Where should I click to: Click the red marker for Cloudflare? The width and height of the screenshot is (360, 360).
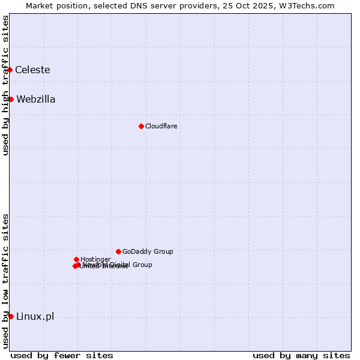tap(141, 126)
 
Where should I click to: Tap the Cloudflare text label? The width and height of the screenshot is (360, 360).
tap(161, 126)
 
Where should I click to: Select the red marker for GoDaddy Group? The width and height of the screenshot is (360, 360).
tap(118, 251)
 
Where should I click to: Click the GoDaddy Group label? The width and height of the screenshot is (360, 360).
tap(148, 251)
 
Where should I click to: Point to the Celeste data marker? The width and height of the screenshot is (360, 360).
tap(10, 70)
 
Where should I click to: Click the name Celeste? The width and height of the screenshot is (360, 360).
tap(32, 70)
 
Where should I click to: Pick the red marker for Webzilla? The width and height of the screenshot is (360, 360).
tap(11, 99)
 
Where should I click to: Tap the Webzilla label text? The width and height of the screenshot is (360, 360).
tap(36, 99)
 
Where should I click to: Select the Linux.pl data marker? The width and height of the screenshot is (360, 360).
tap(11, 316)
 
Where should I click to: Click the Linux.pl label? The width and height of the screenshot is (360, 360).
tap(35, 316)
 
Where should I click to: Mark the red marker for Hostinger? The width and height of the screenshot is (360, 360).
tap(76, 259)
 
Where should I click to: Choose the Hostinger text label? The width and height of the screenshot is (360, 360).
tap(95, 259)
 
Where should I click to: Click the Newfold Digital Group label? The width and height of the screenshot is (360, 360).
tap(120, 264)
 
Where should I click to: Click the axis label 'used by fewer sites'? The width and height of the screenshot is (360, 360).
tap(62, 355)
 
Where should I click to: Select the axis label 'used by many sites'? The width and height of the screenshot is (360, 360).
tap(301, 355)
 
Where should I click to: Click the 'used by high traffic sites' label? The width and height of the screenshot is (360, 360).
tap(5, 85)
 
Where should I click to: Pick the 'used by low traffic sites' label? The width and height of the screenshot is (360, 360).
tap(5, 280)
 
